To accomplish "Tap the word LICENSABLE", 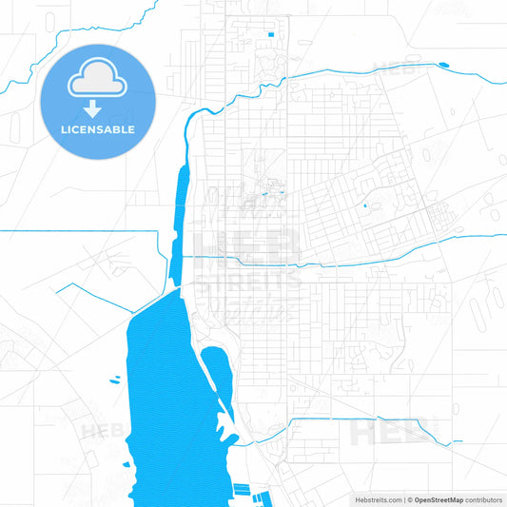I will [98, 129].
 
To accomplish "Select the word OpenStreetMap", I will [439, 499].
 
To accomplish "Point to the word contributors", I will [483, 499].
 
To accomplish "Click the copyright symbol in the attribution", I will [409, 499].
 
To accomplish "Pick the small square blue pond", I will [271, 36].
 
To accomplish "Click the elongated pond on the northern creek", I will [442, 65].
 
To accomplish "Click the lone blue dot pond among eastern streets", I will [365, 205].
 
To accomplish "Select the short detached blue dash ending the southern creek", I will [458, 440].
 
